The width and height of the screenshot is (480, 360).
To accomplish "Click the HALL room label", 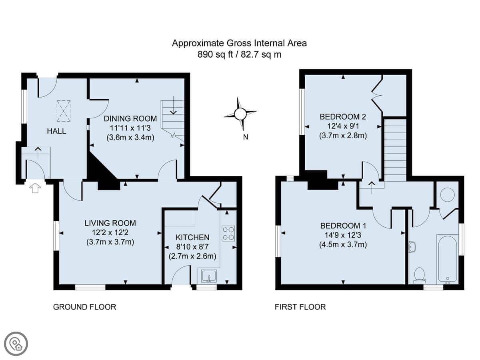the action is click(x=56, y=131).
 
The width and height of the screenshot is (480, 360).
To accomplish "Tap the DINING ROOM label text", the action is click(x=130, y=118).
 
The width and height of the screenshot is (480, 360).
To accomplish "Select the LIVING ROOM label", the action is click(x=110, y=223).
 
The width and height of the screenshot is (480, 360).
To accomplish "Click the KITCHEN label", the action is click(x=192, y=237).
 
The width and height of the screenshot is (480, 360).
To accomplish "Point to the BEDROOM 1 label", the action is click(x=343, y=226).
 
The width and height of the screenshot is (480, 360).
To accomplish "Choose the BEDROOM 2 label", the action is click(x=343, y=117).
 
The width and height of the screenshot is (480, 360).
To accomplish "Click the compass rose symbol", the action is click(x=240, y=114).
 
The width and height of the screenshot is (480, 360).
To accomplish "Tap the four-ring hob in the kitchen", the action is click(x=228, y=234).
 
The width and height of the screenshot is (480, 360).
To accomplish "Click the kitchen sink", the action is click(x=209, y=276).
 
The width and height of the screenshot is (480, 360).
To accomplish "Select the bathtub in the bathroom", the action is click(x=448, y=258).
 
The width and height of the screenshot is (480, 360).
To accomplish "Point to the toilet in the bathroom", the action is click(x=420, y=276).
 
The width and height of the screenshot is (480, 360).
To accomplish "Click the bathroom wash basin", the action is click(x=412, y=247).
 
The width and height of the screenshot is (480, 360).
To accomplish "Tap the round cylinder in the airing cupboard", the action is click(x=448, y=194).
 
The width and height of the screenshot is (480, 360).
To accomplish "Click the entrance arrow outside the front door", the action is click(x=35, y=188).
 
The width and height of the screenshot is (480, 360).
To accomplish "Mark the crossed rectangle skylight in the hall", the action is click(x=64, y=111).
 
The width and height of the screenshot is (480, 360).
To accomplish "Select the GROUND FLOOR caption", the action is click(x=85, y=307).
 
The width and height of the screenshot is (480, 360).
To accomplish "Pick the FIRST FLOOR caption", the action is click(x=300, y=307).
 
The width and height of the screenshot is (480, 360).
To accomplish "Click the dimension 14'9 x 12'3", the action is click(x=343, y=235).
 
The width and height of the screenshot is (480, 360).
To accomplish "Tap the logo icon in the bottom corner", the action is click(x=16, y=344).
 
